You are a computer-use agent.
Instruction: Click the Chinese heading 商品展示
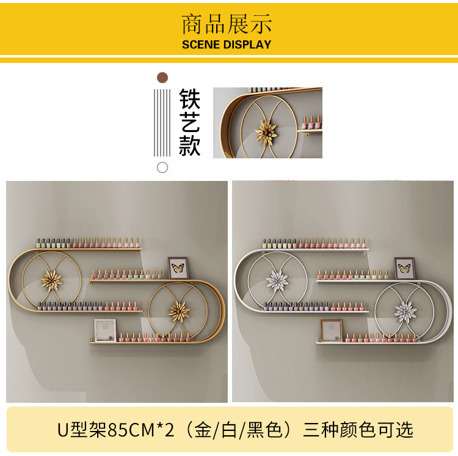point(227,25)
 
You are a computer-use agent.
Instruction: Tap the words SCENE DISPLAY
point(227,45)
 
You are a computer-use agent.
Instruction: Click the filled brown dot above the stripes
point(162,78)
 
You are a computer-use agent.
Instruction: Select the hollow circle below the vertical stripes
point(162,167)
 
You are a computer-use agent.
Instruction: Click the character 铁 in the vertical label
point(190,100)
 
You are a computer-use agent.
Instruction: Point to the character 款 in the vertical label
point(190,145)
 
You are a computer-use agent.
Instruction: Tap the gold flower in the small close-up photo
point(267,130)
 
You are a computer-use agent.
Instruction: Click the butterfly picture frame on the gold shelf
point(178,268)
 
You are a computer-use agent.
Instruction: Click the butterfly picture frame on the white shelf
point(404,268)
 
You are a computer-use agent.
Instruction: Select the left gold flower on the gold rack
point(51,281)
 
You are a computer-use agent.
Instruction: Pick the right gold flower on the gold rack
point(179,311)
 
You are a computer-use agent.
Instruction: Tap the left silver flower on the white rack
point(277,281)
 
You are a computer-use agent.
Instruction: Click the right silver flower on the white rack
point(405,311)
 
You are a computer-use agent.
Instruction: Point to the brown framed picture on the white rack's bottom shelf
point(331,331)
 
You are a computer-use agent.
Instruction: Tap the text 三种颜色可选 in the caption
point(358,430)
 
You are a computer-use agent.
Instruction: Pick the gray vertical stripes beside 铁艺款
point(162,122)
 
